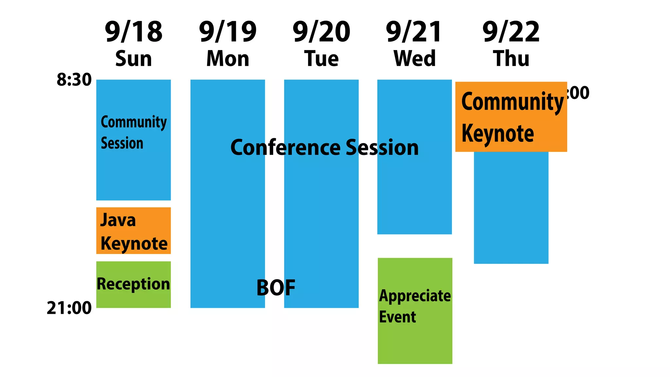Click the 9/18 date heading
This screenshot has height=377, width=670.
tap(133, 32)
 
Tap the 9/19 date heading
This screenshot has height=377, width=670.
tap(228, 32)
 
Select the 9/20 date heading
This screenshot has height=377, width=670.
tap(321, 32)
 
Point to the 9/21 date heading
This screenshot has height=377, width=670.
tap(414, 32)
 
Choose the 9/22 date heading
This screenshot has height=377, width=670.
tap(511, 32)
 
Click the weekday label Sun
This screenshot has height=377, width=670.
tap(133, 59)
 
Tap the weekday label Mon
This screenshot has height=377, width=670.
tap(228, 59)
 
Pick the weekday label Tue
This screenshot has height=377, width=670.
tap(321, 59)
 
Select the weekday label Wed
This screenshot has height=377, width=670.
tap(414, 59)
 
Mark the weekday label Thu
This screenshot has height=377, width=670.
tap(511, 59)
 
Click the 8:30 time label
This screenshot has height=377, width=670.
tap(74, 80)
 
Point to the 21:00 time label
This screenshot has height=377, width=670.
tap(69, 308)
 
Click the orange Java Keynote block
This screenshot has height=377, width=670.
tap(133, 231)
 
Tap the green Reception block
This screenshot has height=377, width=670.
tap(133, 284)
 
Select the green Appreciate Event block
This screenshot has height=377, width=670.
tap(415, 311)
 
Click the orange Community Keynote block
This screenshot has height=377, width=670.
tap(511, 117)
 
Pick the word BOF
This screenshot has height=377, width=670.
tap(276, 288)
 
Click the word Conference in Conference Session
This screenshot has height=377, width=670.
tap(285, 147)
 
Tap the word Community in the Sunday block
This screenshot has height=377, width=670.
tap(133, 123)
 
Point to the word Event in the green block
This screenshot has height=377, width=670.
tap(397, 317)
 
